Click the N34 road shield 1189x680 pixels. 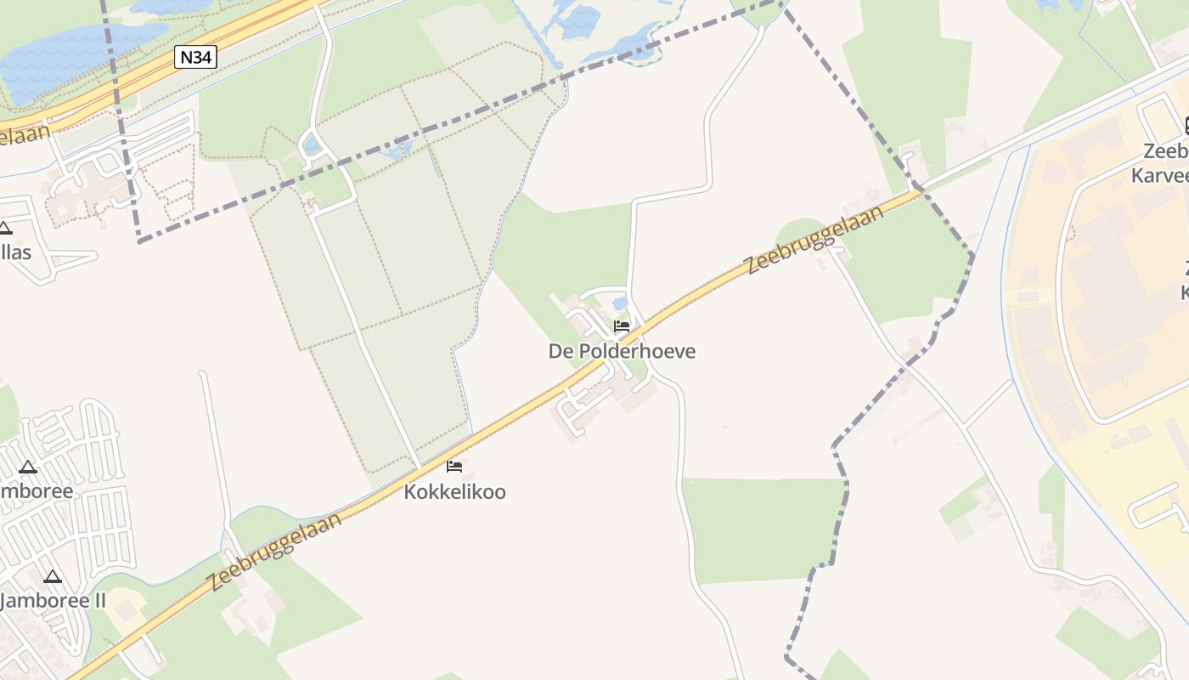tap(196, 58)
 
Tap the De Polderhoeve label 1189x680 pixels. tap(622, 351)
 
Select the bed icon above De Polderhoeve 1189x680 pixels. tap(622, 326)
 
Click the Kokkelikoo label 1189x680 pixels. tap(454, 492)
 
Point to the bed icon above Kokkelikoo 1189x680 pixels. tap(454, 466)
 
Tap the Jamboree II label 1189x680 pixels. tap(53, 601)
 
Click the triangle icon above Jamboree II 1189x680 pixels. tap(53, 577)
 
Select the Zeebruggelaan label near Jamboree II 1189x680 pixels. tap(274, 552)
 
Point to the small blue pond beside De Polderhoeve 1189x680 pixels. tap(620, 303)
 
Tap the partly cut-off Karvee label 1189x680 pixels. tap(1160, 176)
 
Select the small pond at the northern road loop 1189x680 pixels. tap(312, 145)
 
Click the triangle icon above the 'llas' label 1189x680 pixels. tap(4, 228)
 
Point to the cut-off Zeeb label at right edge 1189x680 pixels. tap(1165, 151)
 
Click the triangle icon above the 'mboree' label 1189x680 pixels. tap(28, 467)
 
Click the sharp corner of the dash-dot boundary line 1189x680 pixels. tap(140, 241)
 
